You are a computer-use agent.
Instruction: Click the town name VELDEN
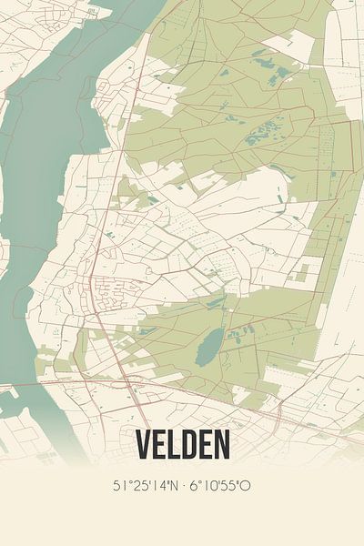182,443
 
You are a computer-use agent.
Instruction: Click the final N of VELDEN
221,443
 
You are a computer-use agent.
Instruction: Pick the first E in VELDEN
160,443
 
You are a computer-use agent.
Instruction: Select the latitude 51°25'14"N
145,485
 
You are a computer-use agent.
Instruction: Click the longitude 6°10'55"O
219,485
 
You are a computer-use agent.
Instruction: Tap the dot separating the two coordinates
182,485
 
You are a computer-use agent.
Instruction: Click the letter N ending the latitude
170,485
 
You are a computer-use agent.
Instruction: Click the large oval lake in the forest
208,343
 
